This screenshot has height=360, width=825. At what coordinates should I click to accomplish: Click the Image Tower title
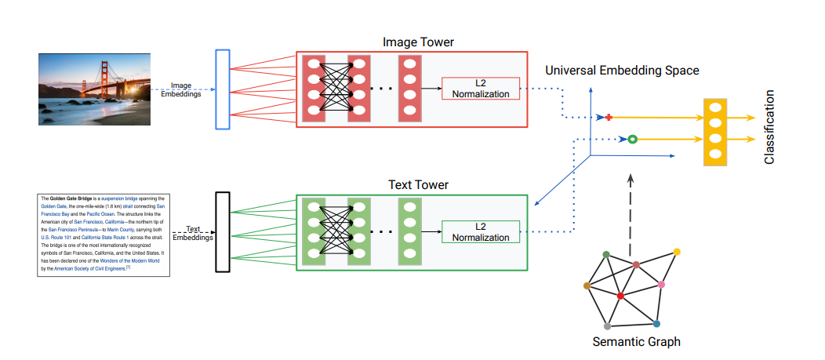pos(417,41)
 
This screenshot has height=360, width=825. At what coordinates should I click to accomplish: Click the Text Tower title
pos(417,185)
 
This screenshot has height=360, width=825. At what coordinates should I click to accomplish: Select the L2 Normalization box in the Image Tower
pos(481,89)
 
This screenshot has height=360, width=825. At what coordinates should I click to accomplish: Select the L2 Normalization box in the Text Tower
pos(481,232)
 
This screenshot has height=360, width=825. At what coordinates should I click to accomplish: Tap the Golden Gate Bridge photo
pos(93,89)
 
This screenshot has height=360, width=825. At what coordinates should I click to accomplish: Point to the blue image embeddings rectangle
pos(222,89)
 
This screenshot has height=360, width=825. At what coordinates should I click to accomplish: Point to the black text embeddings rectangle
pos(222,232)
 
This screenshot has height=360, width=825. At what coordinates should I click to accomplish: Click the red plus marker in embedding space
pos(608,118)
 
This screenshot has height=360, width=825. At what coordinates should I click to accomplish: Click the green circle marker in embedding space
pos(631,140)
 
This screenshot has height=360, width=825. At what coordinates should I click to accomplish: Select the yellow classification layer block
pos(714,131)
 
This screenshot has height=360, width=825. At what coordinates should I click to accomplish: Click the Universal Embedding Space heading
pos(622,71)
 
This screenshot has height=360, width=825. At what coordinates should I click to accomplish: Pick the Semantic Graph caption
pos(636,341)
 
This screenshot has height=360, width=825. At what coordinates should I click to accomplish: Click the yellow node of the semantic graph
pos(677,252)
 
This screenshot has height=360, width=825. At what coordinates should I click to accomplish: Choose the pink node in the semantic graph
pos(662,283)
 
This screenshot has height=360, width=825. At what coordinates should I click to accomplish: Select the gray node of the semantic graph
pos(607,325)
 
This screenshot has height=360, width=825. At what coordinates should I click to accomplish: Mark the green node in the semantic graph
pos(606,254)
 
